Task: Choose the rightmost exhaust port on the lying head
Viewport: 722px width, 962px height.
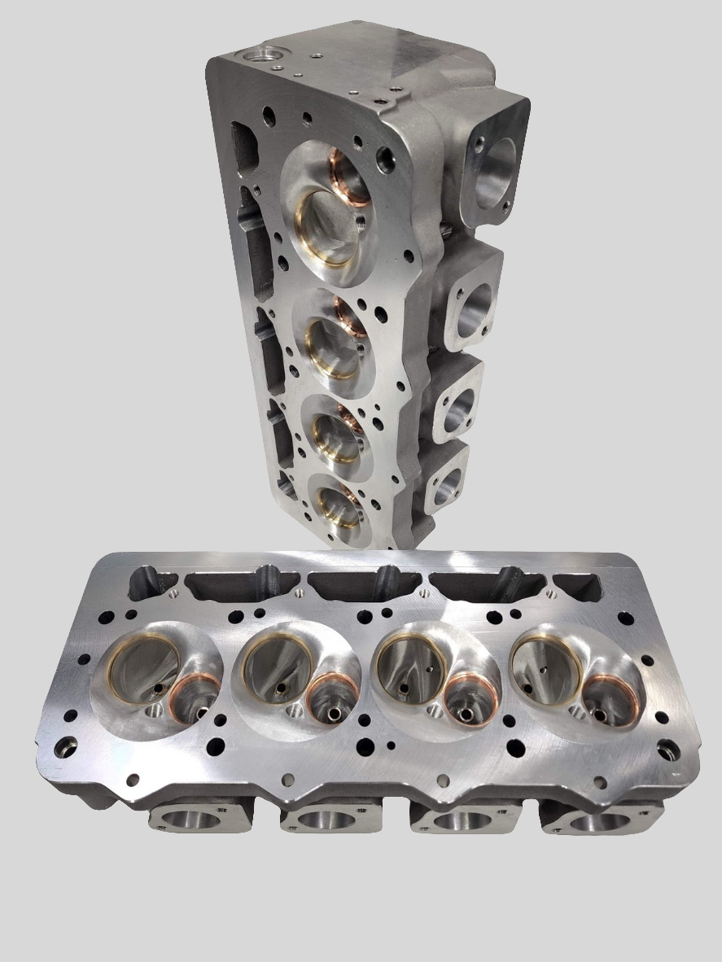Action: click(601, 821)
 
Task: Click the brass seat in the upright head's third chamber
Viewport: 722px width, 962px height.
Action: click(334, 437)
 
